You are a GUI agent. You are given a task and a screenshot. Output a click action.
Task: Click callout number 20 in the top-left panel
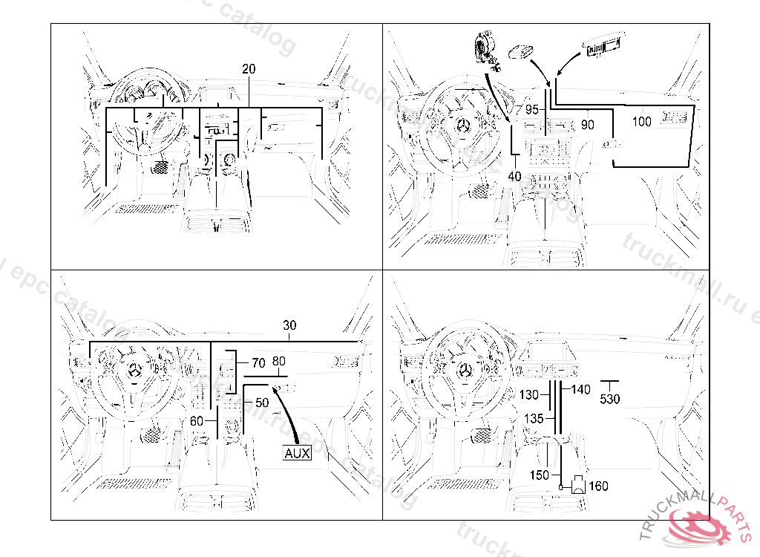pyautogui.click(x=249, y=69)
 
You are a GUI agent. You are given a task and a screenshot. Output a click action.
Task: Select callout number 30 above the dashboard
pyautogui.click(x=289, y=325)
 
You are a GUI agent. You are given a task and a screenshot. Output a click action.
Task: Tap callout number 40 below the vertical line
pyautogui.click(x=514, y=176)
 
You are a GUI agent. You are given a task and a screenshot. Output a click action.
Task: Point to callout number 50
pyautogui.click(x=261, y=403)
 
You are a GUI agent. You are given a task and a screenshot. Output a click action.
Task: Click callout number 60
pyautogui.click(x=197, y=420)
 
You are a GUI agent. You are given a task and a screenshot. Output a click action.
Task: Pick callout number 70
pyautogui.click(x=258, y=363)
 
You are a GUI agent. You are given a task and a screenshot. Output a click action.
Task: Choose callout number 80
pyautogui.click(x=278, y=362)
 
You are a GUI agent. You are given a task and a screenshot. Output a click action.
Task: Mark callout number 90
pyautogui.click(x=587, y=125)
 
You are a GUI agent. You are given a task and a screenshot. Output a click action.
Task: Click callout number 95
pyautogui.click(x=531, y=109)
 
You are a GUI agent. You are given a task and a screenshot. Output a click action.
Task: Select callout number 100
pyautogui.click(x=641, y=122)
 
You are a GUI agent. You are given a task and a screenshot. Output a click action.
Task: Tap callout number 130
pyautogui.click(x=529, y=394)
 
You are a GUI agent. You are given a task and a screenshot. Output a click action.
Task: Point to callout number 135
pyautogui.click(x=534, y=418)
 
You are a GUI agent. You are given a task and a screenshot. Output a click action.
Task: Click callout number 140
pyautogui.click(x=581, y=389)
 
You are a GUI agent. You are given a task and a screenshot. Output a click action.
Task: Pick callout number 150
pyautogui.click(x=540, y=475)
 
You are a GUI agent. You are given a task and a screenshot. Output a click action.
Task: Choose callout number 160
pyautogui.click(x=598, y=486)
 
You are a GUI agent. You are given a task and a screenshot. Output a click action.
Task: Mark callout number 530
pyautogui.click(x=610, y=399)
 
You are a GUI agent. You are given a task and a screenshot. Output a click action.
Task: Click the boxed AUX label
pyautogui.click(x=297, y=453)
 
